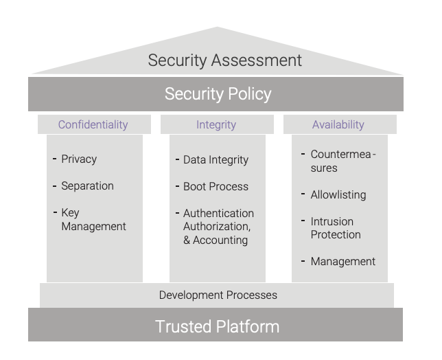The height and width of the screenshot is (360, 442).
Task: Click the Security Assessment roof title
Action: click(x=224, y=60)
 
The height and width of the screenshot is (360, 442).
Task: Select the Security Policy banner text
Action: click(x=218, y=94)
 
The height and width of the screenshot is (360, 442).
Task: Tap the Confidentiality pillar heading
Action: click(x=93, y=125)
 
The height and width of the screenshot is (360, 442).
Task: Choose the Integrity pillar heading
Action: click(x=216, y=125)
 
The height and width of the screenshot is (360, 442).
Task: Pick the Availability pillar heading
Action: click(x=338, y=125)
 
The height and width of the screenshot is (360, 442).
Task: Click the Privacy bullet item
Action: click(x=79, y=159)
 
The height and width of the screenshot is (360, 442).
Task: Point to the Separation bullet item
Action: click(x=87, y=186)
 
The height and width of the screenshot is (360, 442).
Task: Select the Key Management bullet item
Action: click(x=93, y=219)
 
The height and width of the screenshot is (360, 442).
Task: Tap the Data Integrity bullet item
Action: click(x=216, y=160)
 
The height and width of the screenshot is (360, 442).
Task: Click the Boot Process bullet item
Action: click(x=216, y=186)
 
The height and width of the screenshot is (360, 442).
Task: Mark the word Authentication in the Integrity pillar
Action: click(x=218, y=213)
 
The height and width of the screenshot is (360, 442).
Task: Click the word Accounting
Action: click(x=220, y=240)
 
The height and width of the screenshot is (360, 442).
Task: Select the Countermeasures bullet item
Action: click(x=343, y=161)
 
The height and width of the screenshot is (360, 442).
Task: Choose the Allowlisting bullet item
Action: click(x=338, y=194)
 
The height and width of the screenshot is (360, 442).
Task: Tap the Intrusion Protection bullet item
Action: click(x=336, y=228)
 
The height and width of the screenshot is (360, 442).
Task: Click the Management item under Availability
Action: click(x=343, y=262)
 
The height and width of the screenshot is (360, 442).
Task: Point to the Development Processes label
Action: click(x=218, y=295)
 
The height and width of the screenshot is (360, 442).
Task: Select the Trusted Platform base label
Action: click(x=217, y=327)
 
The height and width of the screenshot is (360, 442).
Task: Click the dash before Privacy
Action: click(x=55, y=159)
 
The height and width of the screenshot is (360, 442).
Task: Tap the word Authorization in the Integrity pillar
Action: click(x=217, y=227)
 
